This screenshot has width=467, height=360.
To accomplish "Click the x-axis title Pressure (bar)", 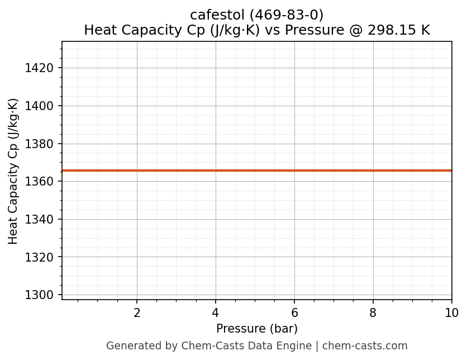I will click(x=257, y=329).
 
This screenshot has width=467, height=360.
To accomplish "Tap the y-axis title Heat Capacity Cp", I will click(x=13, y=170).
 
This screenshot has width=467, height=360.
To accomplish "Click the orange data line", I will click(x=257, y=170).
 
